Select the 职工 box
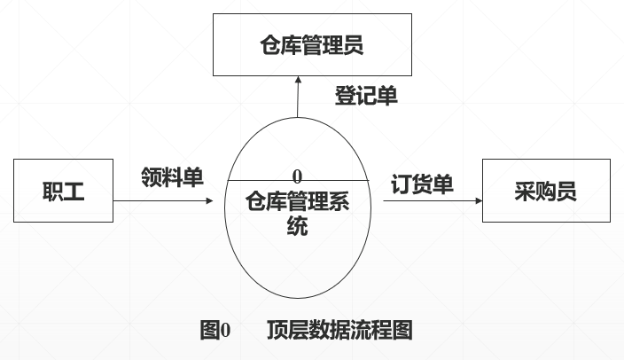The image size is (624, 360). [x=63, y=191]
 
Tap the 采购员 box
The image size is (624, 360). [x=545, y=191]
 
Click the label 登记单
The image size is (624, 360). [x=365, y=96]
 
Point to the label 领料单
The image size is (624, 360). [x=171, y=176]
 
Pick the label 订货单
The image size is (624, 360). [x=423, y=184]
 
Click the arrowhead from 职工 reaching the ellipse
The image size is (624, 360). [x=210, y=201]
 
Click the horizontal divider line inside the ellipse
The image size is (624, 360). [x=266, y=180]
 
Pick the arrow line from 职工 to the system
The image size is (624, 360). [x=160, y=201]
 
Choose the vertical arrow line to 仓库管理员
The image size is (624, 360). [x=298, y=102]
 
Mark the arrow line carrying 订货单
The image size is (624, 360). [x=430, y=201]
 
